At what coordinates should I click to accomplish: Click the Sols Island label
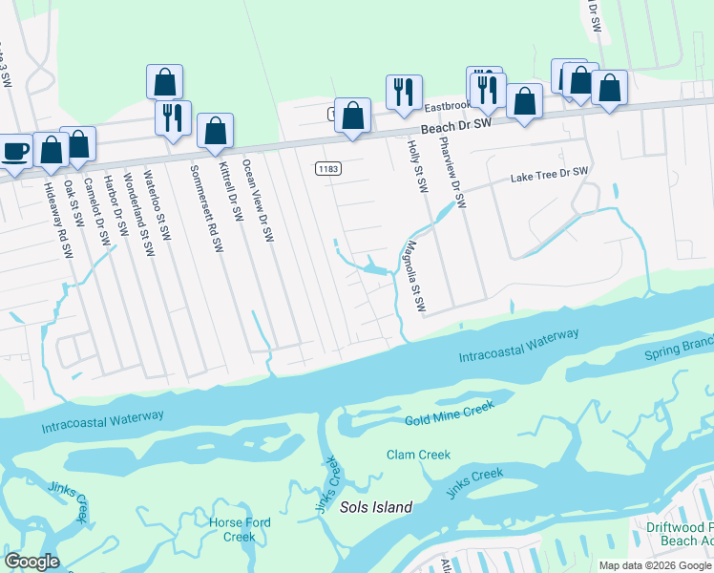(x=376, y=507)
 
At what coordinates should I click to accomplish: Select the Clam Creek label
(x=418, y=455)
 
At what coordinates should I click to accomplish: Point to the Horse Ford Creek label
(x=240, y=529)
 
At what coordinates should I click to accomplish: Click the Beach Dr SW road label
(x=456, y=126)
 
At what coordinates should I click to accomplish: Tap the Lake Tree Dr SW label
(x=549, y=175)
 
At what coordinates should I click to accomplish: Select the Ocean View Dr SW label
(x=258, y=200)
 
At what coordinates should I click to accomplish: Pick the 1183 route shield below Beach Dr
(x=327, y=168)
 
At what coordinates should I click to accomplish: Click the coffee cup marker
(x=15, y=152)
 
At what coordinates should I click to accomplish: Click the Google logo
(x=31, y=562)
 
